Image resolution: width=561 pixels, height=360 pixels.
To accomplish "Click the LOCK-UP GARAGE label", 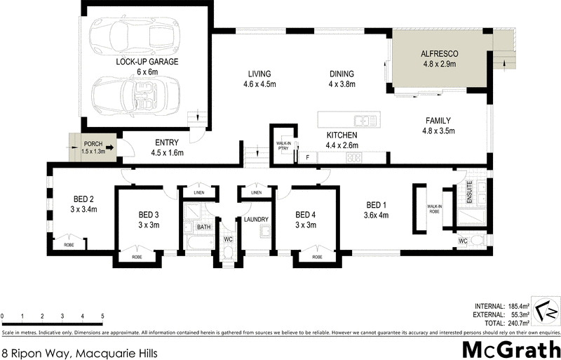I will point(147,62).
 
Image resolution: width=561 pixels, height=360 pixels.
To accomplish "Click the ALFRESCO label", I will point(438,53).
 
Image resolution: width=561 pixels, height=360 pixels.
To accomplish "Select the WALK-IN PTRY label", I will point(283,145).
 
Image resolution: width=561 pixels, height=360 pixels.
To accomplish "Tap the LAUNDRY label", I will point(256,220).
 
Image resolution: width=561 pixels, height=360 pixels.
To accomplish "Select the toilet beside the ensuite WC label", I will point(477,241).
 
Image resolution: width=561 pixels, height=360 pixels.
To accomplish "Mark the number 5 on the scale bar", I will point(102,317).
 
